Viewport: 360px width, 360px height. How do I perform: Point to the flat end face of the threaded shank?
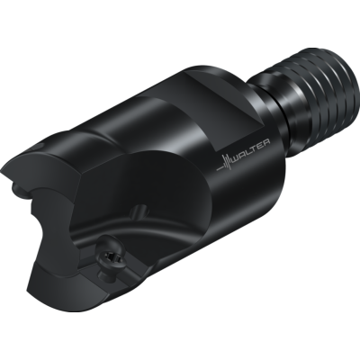point(339,63)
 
